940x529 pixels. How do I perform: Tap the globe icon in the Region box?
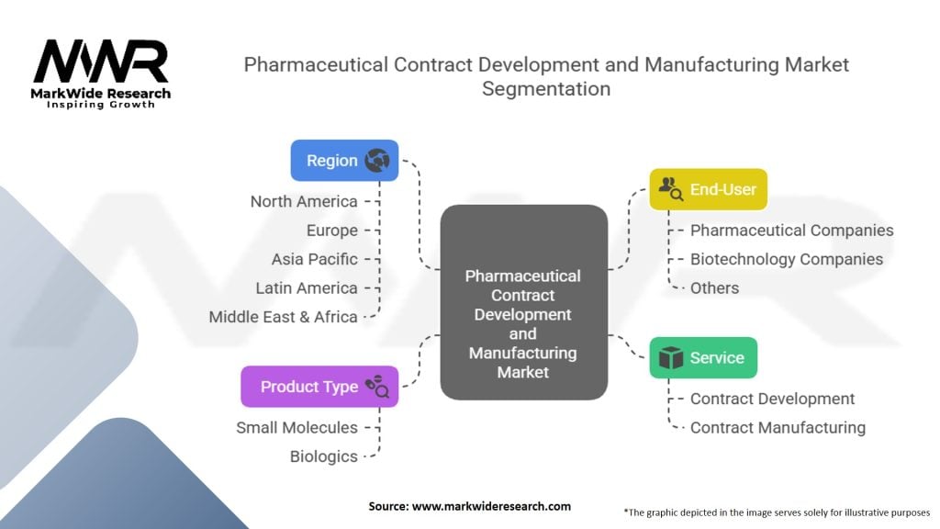pyautogui.click(x=376, y=161)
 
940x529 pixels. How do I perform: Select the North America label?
pyautogui.click(x=304, y=201)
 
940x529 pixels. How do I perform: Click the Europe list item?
pyautogui.click(x=332, y=231)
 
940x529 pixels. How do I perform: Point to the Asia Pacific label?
pyautogui.click(x=314, y=259)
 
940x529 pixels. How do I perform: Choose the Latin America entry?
pyautogui.click(x=307, y=287)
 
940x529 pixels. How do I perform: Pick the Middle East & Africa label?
pyautogui.click(x=283, y=317)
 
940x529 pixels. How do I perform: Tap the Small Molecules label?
pyautogui.click(x=297, y=427)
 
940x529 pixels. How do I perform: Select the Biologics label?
pyautogui.click(x=323, y=456)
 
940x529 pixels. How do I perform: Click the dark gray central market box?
pyautogui.click(x=523, y=303)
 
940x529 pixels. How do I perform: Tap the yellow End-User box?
pyautogui.click(x=708, y=189)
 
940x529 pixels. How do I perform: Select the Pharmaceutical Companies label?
pyautogui.click(x=791, y=231)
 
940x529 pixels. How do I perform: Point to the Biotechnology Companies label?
pyautogui.click(x=787, y=259)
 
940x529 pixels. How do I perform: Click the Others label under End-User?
pyautogui.click(x=714, y=287)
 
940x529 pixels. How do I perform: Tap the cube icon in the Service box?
pyautogui.click(x=672, y=357)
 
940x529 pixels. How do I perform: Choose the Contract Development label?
pyautogui.click(x=772, y=399)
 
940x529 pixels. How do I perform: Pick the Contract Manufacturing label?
pyautogui.click(x=778, y=427)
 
